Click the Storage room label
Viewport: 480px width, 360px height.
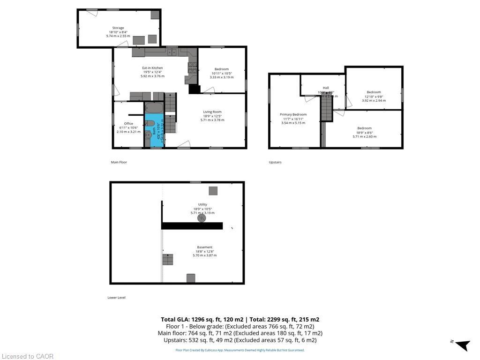pos(118,28)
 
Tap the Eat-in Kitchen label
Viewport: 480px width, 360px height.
pos(152,68)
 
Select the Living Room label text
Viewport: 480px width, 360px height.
pos(212,112)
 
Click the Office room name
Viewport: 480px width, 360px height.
pos(128,124)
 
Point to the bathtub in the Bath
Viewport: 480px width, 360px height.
pos(153,108)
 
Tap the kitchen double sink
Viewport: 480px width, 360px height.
pos(172,52)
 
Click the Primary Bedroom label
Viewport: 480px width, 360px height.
pos(293,114)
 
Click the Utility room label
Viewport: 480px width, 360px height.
pos(202,204)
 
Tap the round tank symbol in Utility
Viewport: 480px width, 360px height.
pos(202,218)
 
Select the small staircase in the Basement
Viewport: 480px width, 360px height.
pos(168,259)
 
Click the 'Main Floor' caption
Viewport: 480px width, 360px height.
pos(119,162)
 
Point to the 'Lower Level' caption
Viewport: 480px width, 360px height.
pos(116,298)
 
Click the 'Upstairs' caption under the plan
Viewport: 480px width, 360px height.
pos(275,162)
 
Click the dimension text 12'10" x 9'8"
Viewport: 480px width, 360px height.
pos(374,97)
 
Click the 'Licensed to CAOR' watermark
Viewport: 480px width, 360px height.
pos(27,356)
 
